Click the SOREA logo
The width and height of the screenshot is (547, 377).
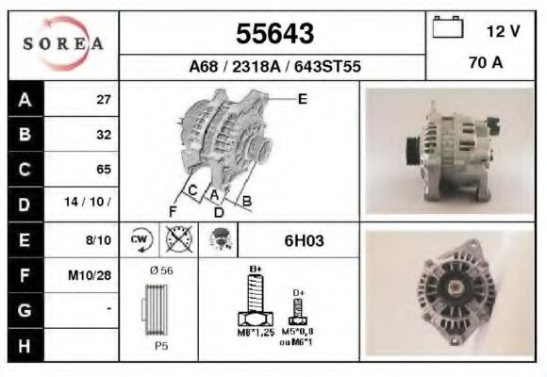[63, 43]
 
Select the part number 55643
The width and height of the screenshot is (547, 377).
[274, 34]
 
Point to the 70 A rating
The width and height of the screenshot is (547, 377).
[486, 63]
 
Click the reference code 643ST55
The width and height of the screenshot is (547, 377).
[327, 67]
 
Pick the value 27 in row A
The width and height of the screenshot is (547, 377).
[104, 100]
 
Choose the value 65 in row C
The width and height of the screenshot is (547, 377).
[104, 169]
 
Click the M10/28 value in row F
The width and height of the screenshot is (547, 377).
[90, 275]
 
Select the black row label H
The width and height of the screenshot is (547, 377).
[25, 346]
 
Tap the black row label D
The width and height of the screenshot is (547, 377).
[25, 205]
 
